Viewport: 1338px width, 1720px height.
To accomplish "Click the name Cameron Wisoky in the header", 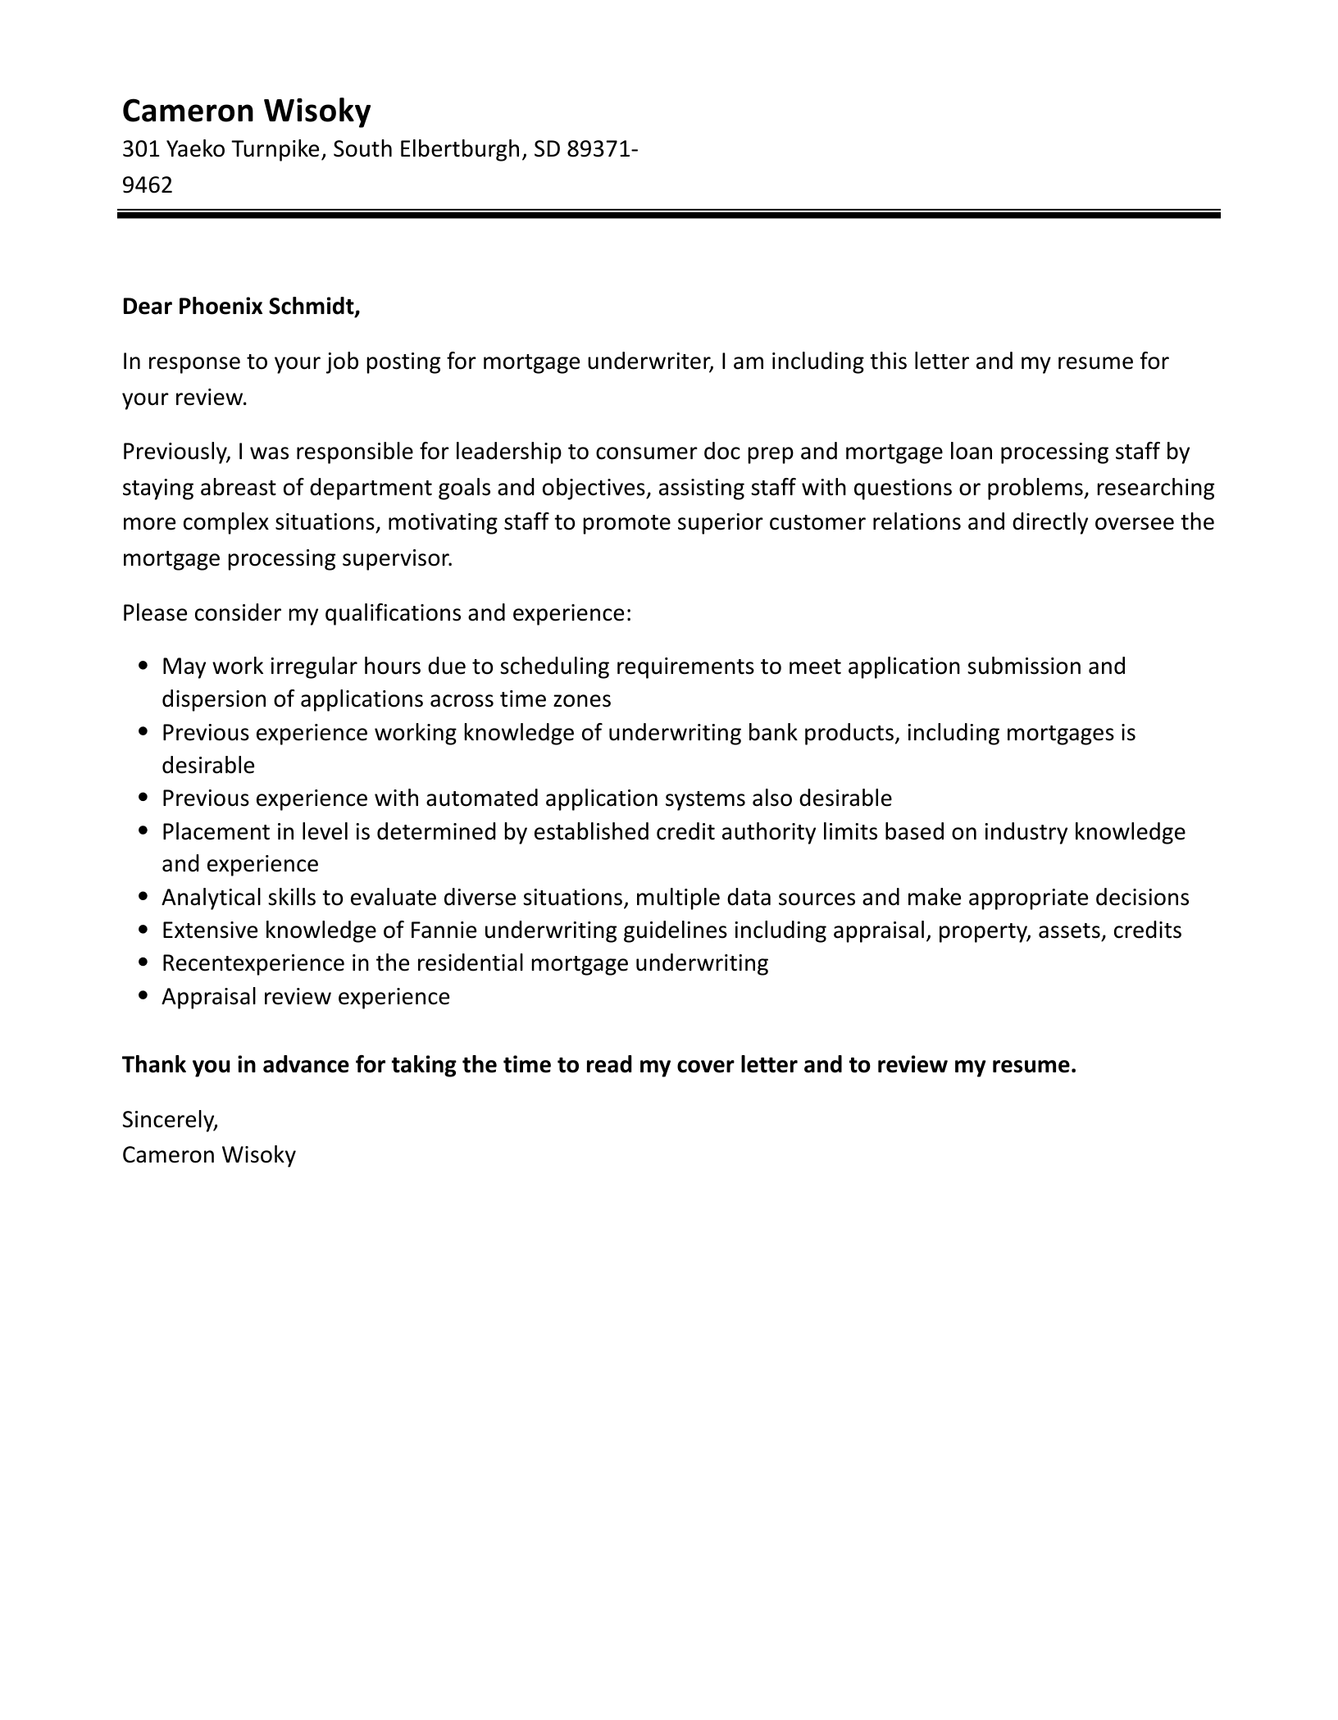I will (x=246, y=111).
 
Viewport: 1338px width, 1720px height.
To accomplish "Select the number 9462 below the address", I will (x=148, y=184).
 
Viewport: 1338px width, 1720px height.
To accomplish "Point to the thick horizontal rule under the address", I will (x=668, y=215).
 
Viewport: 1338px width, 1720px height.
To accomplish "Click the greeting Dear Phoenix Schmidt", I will (x=241, y=307).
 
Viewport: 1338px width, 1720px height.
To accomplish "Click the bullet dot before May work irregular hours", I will (x=144, y=667).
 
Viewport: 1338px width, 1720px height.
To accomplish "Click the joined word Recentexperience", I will (x=253, y=963).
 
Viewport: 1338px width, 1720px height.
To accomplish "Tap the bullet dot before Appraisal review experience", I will (x=144, y=996).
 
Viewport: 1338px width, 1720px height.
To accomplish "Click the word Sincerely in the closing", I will (x=170, y=1119).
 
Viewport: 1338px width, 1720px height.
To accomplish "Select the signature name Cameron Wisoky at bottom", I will (x=208, y=1155).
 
